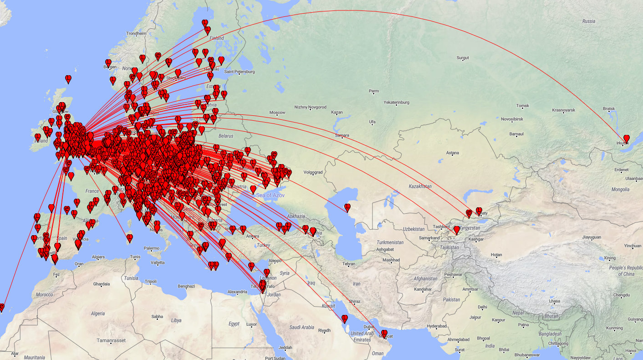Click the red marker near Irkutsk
[627, 139]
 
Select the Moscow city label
[277, 113]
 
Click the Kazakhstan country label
[420, 186]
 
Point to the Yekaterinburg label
[396, 103]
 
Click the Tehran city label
[348, 264]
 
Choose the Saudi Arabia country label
[302, 327]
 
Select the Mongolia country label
[620, 189]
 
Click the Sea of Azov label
[270, 195]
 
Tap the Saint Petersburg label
[239, 72]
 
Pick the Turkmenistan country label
[390, 242]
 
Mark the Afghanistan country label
[425, 279]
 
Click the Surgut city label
[462, 58]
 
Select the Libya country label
[176, 320]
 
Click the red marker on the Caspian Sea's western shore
[347, 207]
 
